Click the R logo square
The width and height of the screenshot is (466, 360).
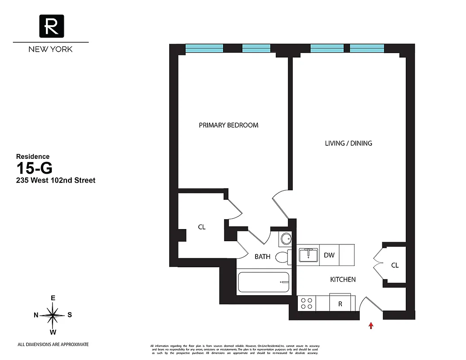(51, 26)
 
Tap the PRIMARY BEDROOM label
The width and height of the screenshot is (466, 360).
(229, 125)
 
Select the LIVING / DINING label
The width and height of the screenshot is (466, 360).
(349, 143)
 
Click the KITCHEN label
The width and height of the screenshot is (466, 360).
(343, 279)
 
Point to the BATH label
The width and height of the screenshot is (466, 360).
(263, 256)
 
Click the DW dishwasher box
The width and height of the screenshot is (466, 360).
(329, 255)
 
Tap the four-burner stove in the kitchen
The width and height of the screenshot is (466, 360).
(307, 303)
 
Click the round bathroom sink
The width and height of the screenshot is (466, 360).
(284, 238)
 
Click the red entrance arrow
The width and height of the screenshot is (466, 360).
(371, 325)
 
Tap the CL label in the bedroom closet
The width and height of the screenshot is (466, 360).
(202, 227)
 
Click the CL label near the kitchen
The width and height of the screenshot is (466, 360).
(394, 265)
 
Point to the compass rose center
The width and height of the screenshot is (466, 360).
(53, 315)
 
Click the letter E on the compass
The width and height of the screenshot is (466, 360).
(53, 298)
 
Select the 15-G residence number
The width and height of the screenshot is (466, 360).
(35, 168)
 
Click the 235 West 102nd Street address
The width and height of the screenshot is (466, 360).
(56, 180)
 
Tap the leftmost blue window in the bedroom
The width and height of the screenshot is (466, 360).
(204, 48)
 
